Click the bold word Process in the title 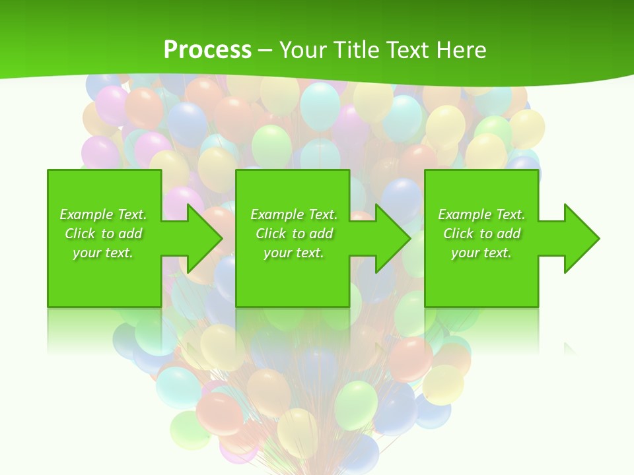pyautogui.click(x=207, y=50)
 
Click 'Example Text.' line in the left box pyautogui.click(x=104, y=214)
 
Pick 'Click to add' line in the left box pyautogui.click(x=104, y=234)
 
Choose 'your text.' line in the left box pyautogui.click(x=104, y=253)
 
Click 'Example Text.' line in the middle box pyautogui.click(x=294, y=214)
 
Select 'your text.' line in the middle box pyautogui.click(x=294, y=253)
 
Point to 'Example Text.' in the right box pyautogui.click(x=481, y=214)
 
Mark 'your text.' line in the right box pyautogui.click(x=481, y=253)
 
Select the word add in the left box pyautogui.click(x=130, y=234)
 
